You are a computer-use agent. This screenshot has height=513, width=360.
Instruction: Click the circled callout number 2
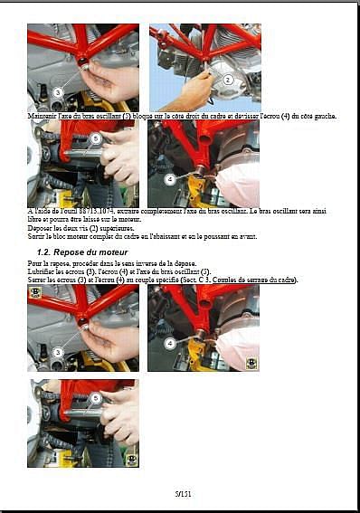(229, 80)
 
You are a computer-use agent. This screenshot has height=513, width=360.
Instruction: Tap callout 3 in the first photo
(57, 91)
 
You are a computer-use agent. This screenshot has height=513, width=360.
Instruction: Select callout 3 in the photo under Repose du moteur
(57, 352)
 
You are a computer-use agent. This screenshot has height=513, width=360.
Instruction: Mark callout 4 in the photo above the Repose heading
(169, 178)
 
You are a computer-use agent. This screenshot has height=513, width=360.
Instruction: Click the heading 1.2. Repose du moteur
(82, 251)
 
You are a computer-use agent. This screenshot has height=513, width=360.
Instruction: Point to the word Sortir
(37, 235)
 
